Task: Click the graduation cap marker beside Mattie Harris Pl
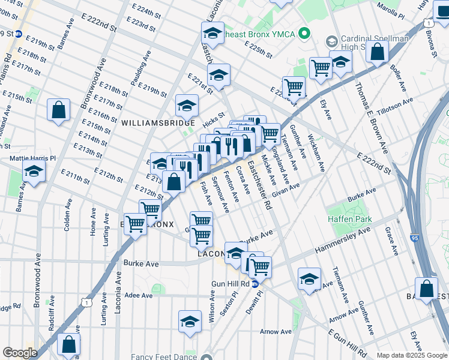(34, 172)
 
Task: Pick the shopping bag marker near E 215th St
(59, 110)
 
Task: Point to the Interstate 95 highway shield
(416, 238)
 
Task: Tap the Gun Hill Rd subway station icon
(255, 283)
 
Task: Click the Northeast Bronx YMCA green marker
(305, 34)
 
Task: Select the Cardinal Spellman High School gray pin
(330, 42)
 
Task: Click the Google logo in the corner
(20, 353)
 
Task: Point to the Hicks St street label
(213, 116)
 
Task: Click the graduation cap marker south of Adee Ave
(190, 322)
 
